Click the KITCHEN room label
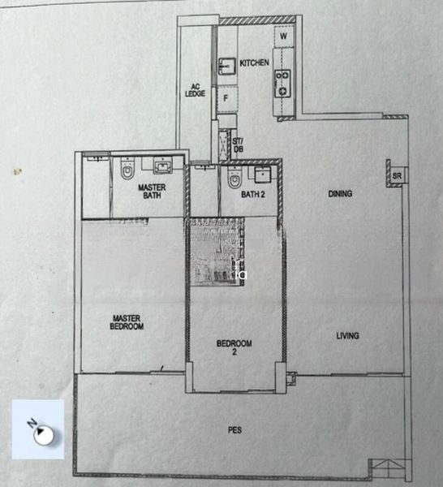pyautogui.click(x=254, y=62)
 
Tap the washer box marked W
pyautogui.click(x=283, y=37)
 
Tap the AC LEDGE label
pyautogui.click(x=196, y=89)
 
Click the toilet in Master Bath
pyautogui.click(x=127, y=172)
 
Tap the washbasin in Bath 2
pyautogui.click(x=262, y=174)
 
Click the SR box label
pyautogui.click(x=397, y=176)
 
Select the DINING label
pyautogui.click(x=339, y=194)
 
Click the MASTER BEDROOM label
pyautogui.click(x=127, y=323)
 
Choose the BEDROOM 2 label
pyautogui.click(x=234, y=347)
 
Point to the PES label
pyautogui.click(x=234, y=430)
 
